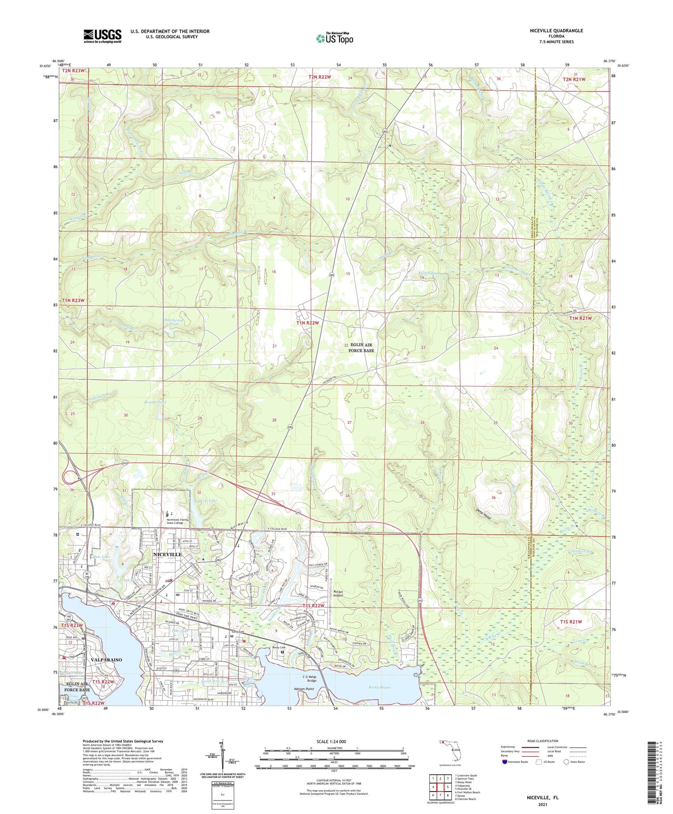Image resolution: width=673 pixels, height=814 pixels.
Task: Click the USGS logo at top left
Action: [102, 36]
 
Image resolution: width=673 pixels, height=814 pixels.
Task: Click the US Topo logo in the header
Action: [335, 39]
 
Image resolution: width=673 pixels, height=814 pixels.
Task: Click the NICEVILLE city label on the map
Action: [167, 554]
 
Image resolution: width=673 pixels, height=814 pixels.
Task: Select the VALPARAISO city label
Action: [106, 660]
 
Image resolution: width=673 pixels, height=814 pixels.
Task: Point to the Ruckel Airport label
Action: [338, 594]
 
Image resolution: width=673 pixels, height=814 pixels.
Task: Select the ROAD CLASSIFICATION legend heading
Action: [542, 741]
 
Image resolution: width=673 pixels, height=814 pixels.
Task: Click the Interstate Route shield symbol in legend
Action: [504, 762]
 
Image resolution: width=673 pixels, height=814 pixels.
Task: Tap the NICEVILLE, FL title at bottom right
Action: [542, 798]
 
